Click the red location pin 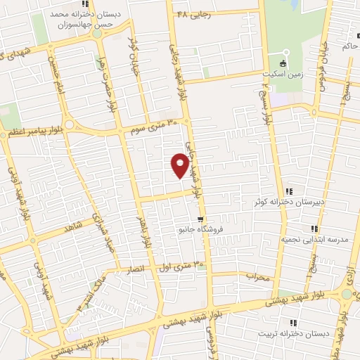click(180, 166)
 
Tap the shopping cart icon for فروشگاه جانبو click(200, 219)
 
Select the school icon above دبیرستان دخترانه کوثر click(289, 192)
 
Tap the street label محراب click(258, 277)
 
